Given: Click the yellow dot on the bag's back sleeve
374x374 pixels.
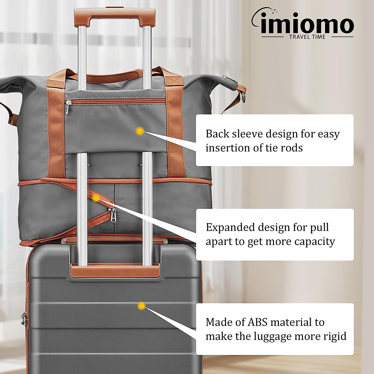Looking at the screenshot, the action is (140, 131).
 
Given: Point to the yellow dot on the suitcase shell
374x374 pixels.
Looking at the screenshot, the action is (142, 306).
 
